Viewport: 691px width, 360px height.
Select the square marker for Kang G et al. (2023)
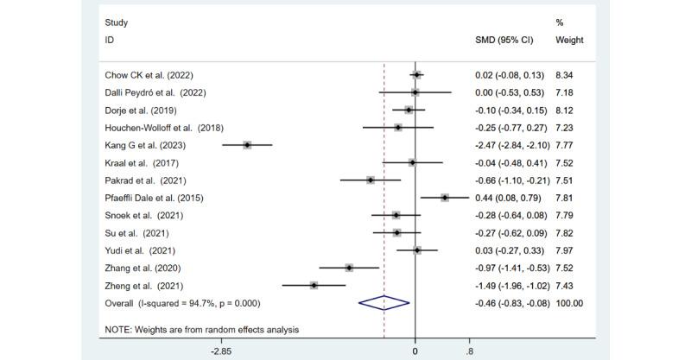247,145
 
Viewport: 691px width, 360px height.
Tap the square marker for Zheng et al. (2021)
314,285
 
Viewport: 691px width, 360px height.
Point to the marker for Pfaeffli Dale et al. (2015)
445,197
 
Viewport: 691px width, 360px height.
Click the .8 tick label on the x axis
469,352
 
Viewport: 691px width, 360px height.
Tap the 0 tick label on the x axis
415,352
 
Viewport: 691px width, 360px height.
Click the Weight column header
569,40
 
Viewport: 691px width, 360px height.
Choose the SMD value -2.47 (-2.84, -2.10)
513,145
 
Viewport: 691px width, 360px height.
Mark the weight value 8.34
567,75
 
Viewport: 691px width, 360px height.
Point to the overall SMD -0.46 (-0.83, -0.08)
513,303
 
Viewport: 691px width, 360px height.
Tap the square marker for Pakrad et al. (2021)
371,180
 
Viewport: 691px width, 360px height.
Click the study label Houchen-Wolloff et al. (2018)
157,128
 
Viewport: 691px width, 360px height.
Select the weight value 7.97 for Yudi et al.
567,250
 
